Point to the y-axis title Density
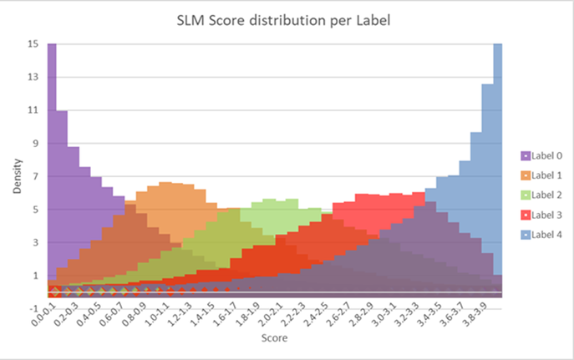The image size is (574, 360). tap(17, 176)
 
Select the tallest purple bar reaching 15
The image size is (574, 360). tap(52, 167)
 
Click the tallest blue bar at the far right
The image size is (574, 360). tap(498, 167)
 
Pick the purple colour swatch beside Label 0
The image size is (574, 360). tap(526, 155)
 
